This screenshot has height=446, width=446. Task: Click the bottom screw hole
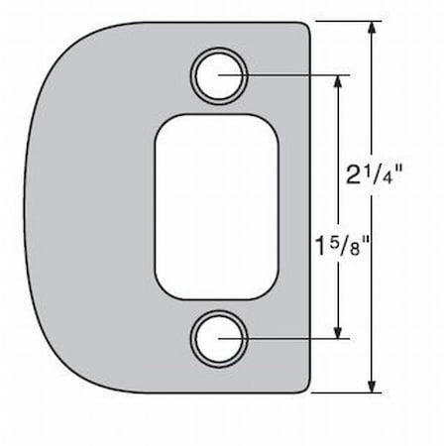click(x=217, y=338)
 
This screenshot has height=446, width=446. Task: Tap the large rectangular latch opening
click(x=217, y=205)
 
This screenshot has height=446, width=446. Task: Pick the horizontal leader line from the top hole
click(x=287, y=73)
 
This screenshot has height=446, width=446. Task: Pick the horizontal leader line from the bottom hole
click(x=287, y=339)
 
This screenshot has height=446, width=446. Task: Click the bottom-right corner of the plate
click(x=308, y=388)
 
